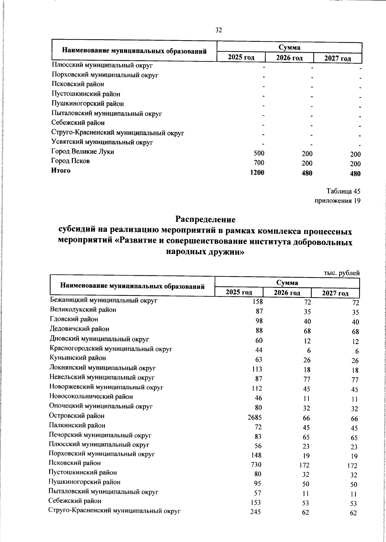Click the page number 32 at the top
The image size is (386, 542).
coord(218,30)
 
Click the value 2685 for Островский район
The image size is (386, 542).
coord(255,418)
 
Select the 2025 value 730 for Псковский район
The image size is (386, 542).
coord(256,465)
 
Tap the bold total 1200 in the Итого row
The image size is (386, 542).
coord(257,173)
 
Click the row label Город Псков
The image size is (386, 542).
coord(70,161)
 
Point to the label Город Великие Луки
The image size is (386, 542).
coord(83,151)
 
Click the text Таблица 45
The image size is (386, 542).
coord(343,191)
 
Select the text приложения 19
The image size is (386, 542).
coord(337,201)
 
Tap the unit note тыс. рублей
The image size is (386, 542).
coord(341,273)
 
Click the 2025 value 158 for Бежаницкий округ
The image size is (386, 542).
coord(258,302)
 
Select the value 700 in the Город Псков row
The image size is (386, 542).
coord(259,163)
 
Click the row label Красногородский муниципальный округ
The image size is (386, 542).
coord(111,348)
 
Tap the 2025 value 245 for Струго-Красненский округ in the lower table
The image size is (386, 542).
coord(255,512)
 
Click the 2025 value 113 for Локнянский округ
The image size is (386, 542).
coord(257,369)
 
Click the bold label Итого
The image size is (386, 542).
coord(61,171)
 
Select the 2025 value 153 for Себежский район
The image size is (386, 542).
coord(256,502)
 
